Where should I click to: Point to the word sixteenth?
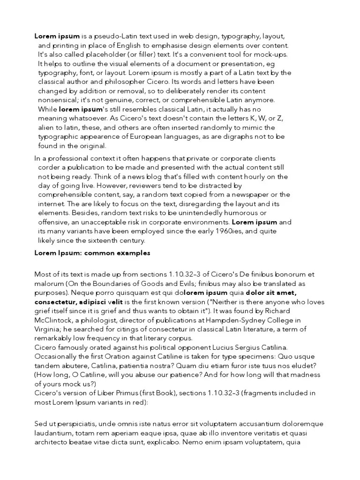106,240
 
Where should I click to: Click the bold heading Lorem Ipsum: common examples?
92,253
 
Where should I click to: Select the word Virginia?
47,329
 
